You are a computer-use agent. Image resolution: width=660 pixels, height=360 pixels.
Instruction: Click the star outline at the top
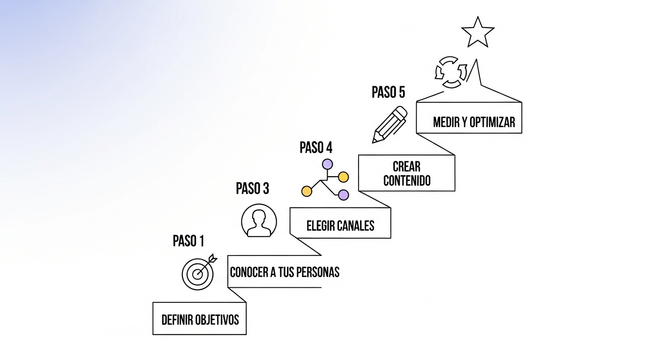pyautogui.click(x=478, y=33)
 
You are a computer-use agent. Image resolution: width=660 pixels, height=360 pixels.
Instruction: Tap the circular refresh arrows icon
pyautogui.click(x=451, y=72)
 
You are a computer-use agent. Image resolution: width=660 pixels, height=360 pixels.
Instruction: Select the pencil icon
pyautogui.click(x=390, y=124)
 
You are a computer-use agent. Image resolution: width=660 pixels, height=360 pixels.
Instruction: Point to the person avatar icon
pyautogui.click(x=259, y=220)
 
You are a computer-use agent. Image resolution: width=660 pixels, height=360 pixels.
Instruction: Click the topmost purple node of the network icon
pyautogui.click(x=327, y=165)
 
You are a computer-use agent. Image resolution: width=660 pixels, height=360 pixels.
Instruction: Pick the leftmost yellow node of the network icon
pyautogui.click(x=307, y=191)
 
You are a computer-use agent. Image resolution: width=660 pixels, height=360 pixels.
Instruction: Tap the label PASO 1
pyautogui.click(x=188, y=241)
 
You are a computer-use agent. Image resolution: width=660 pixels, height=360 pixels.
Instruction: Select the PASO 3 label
pyautogui.click(x=252, y=188)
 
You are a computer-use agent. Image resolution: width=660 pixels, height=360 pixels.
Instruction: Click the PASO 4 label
pyautogui.click(x=316, y=148)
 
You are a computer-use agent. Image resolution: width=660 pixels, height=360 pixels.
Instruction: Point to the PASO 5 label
pyautogui.click(x=388, y=92)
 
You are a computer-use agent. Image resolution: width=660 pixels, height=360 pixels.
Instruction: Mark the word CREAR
pyautogui.click(x=407, y=166)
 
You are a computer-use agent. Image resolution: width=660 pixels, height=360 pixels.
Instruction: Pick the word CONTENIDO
pyautogui.click(x=407, y=181)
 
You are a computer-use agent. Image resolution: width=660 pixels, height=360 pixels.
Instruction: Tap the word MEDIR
pyautogui.click(x=446, y=122)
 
